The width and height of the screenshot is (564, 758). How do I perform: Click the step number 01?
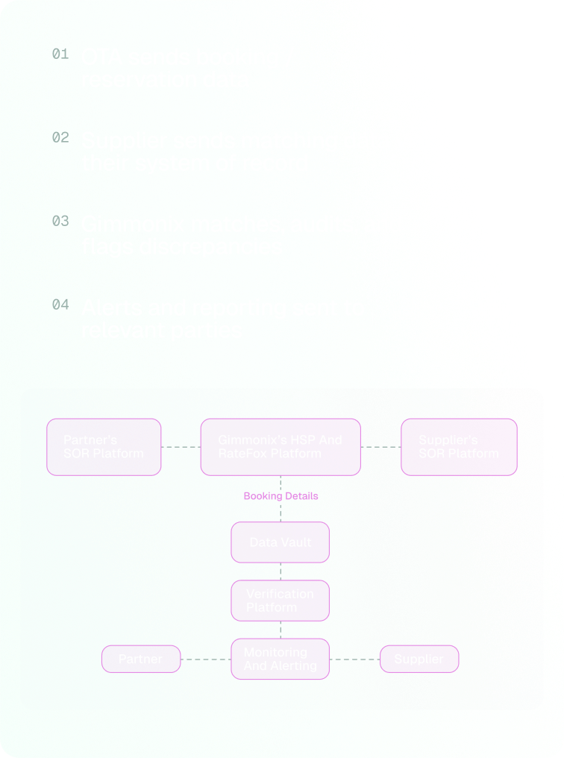pyautogui.click(x=60, y=54)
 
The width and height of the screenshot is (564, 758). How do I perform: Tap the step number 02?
pyautogui.click(x=60, y=137)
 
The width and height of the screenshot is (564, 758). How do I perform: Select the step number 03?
pyautogui.click(x=60, y=221)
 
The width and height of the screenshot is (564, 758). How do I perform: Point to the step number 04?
pyautogui.click(x=60, y=304)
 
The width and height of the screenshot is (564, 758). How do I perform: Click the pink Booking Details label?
pyautogui.click(x=281, y=495)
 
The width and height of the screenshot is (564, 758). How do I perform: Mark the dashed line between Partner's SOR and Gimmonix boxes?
pyautogui.click(x=181, y=447)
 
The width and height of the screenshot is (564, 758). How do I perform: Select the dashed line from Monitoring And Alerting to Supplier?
pyautogui.click(x=355, y=659)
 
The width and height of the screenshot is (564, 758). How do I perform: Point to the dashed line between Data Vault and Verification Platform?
pyautogui.click(x=281, y=571)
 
